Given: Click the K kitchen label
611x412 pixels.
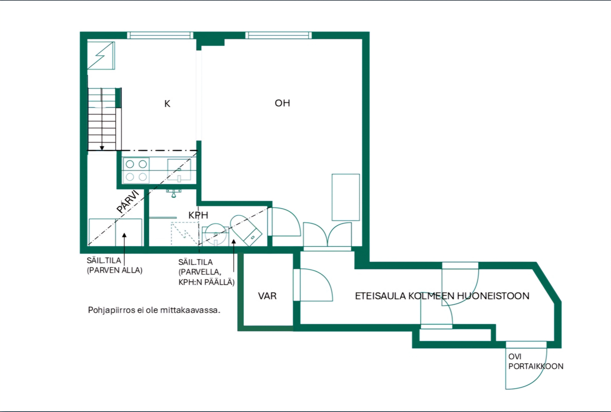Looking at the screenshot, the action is click(167, 104).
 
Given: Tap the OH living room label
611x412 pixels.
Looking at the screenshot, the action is click(282, 103).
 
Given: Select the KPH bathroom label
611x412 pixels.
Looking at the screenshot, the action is click(198, 215).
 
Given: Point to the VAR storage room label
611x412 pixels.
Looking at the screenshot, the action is click(267, 296).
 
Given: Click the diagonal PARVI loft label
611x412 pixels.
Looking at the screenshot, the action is click(128, 202).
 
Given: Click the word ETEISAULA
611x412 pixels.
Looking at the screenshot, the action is click(381, 296).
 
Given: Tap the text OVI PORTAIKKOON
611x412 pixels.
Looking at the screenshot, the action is click(536, 361).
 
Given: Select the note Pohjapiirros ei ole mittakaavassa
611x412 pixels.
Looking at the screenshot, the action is click(154, 310).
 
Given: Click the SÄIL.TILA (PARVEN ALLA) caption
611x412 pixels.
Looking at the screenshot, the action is click(115, 265).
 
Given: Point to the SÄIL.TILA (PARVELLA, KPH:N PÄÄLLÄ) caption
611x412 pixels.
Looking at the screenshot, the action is click(206, 272).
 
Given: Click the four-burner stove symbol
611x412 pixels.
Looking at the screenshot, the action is click(136, 170).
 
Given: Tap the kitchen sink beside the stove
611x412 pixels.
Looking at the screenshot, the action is click(179, 170).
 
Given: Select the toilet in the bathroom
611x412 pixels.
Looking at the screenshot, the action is click(246, 230).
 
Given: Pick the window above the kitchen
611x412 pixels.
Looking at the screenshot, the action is click(160, 35).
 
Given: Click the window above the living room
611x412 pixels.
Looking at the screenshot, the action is click(278, 35).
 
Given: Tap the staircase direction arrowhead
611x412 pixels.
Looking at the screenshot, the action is click(102, 148).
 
